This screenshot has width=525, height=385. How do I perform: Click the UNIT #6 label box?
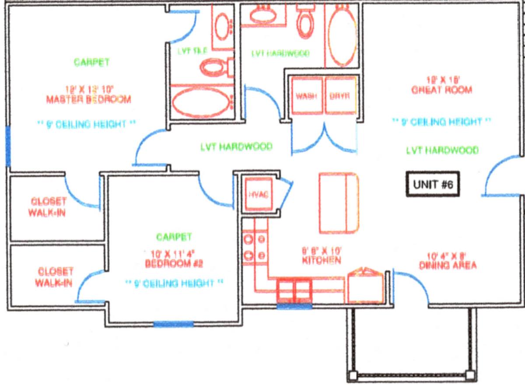tap(432, 184)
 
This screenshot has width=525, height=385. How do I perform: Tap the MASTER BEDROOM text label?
tap(88, 99)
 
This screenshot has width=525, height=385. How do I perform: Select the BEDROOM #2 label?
tap(175, 264)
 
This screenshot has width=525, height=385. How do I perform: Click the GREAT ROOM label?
tap(441, 90)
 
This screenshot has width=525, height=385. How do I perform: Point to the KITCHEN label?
tap(321, 260)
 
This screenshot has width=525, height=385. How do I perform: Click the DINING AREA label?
tap(448, 265)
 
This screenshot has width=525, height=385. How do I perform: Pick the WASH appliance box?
tap(306, 95)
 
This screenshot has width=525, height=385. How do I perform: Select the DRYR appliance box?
tap(340, 95)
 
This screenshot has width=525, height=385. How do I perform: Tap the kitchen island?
tap(338, 203)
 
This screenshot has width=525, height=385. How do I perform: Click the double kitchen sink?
tap(294, 290)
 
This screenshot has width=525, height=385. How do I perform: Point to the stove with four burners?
tap(255, 246)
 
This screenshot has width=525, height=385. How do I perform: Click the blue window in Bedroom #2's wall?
tap(173, 324)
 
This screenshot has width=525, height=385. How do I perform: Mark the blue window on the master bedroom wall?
tap(7, 146)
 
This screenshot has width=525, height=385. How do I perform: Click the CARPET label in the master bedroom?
tap(91, 62)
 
